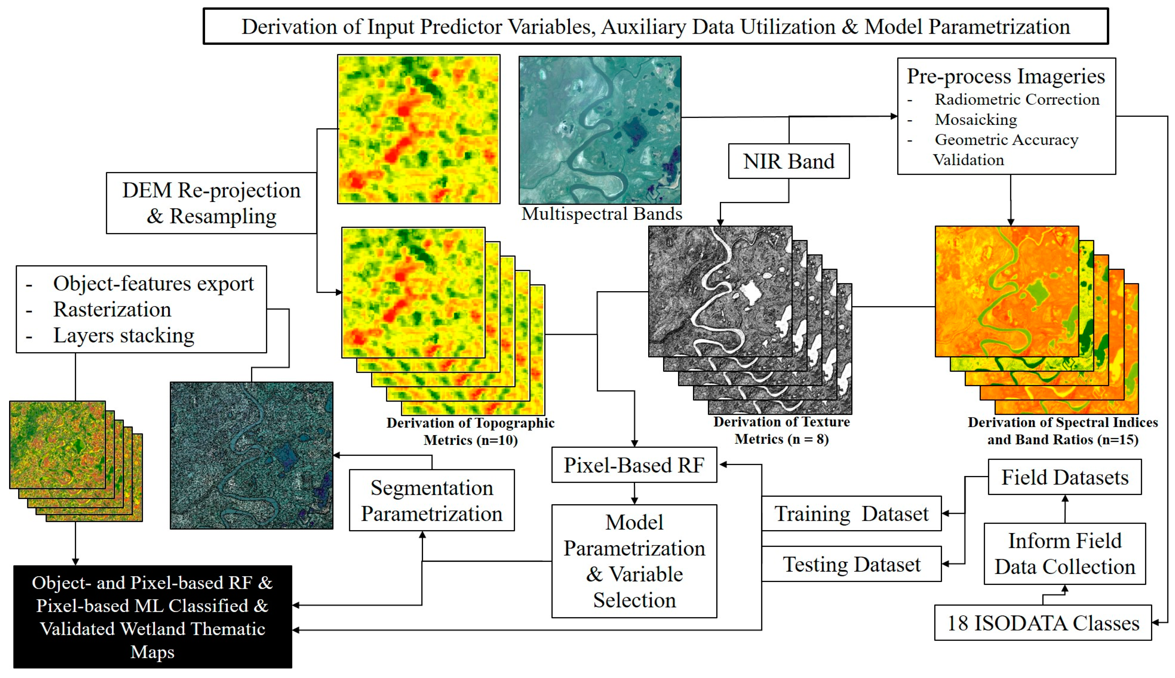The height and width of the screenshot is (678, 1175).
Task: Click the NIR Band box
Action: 788,161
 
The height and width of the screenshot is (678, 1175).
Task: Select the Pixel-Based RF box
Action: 634,465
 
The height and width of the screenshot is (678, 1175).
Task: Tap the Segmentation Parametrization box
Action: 431,500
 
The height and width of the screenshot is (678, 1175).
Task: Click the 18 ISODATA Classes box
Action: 1043,623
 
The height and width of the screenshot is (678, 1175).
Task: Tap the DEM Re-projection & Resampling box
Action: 211,203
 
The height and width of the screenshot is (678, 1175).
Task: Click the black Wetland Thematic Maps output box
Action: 152,616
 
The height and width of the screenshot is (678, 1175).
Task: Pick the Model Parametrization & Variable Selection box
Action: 634,561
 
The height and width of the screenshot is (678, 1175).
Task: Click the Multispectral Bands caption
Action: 601,214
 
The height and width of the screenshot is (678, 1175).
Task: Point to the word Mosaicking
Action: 975,120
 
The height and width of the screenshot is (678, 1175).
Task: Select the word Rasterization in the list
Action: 112,309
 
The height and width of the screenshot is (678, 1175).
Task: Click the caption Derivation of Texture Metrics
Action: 781,430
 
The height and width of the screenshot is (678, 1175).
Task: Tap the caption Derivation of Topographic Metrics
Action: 470,431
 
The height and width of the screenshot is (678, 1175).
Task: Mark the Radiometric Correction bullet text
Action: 1017,99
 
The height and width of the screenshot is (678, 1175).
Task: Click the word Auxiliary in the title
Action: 643,27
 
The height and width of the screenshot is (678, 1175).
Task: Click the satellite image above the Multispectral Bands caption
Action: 600,130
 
